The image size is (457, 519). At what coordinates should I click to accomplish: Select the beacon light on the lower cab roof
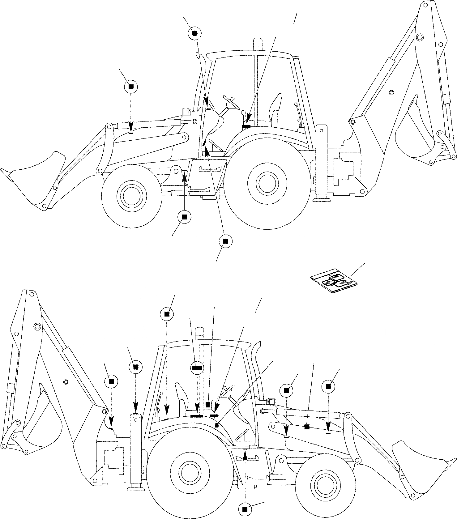[200, 333]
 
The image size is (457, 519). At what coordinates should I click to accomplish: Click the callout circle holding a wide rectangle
[197, 368]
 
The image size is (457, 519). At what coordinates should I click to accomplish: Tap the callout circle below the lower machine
[245, 509]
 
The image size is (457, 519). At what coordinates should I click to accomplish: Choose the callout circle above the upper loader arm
[131, 87]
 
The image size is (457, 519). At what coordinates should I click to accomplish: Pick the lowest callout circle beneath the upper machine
[225, 241]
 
